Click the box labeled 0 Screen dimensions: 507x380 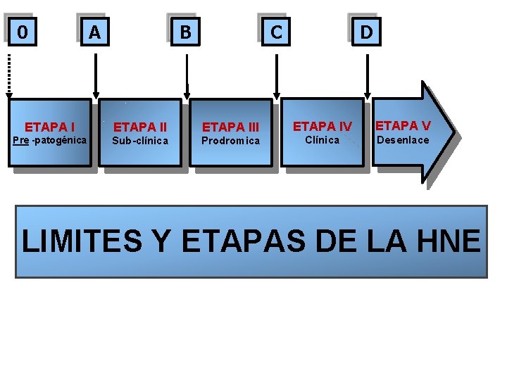click(x=23, y=32)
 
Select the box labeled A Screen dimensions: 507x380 click(x=94, y=32)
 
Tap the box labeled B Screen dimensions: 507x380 click(x=185, y=32)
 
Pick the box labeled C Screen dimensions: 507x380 click(x=276, y=32)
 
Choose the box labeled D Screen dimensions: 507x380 click(x=366, y=32)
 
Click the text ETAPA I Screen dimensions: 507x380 click(x=50, y=127)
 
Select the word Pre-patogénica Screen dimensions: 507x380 click(x=50, y=140)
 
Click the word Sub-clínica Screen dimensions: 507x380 click(x=141, y=141)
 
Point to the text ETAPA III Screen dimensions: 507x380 click(x=231, y=127)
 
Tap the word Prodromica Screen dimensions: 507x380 click(x=231, y=141)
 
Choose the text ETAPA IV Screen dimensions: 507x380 click(x=323, y=127)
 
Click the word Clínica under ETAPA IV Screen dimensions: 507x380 click(x=323, y=140)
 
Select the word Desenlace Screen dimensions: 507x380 click(x=403, y=140)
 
